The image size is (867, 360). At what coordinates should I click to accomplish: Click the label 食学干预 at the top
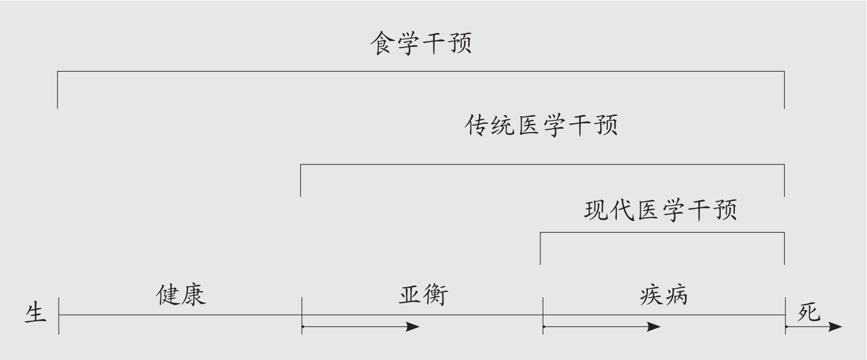pos(421,44)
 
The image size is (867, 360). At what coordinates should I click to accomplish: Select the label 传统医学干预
pos(541,126)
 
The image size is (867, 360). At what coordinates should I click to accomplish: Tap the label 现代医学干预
pos(660,210)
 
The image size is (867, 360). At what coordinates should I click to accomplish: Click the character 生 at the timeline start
pos(35,313)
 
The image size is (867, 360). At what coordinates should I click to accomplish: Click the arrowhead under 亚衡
pos(414,327)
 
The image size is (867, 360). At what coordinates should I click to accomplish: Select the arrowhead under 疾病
pos(654,327)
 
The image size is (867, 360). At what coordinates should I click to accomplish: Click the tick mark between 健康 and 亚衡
pos(302,315)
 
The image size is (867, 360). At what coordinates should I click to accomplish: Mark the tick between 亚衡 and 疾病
pos(543,315)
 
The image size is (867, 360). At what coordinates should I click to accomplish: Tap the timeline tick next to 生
pos(59,315)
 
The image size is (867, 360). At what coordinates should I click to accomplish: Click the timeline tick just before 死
pos(785,315)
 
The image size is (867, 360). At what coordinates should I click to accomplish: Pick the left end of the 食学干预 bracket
pos(58,90)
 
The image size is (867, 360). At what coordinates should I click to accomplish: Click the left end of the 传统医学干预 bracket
pos(301,180)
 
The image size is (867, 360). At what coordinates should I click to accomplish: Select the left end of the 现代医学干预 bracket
pos(540,248)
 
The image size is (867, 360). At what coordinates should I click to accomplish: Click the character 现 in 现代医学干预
pos(595,210)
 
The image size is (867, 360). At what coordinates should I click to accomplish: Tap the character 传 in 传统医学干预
pos(476,126)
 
